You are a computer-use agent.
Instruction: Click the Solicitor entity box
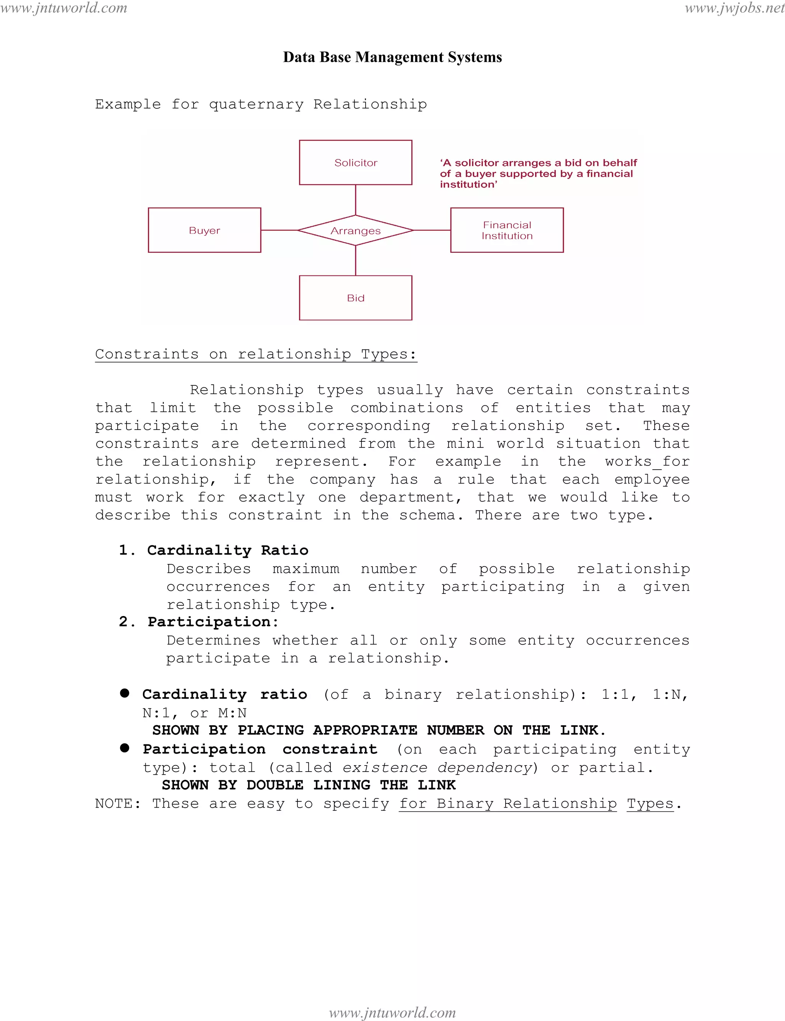coord(356,162)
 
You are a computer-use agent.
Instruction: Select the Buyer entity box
coord(204,230)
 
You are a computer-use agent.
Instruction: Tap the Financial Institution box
coord(507,230)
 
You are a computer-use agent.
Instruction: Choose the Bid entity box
coord(356,298)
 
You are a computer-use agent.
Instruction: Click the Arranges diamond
coord(356,230)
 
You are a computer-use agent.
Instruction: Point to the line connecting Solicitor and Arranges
coord(356,200)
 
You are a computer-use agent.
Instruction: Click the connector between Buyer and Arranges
coord(279,230)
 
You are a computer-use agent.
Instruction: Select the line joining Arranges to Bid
coord(356,260)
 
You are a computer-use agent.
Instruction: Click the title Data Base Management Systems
coord(392,57)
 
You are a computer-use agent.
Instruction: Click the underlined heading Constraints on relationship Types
coord(256,354)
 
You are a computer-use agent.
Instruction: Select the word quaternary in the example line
coord(256,104)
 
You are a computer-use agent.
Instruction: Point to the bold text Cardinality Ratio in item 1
coord(228,550)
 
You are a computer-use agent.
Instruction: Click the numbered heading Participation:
coord(213,622)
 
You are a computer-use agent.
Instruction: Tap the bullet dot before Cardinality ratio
coord(124,693)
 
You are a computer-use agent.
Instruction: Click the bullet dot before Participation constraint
coord(124,748)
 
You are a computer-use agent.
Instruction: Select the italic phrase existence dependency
coord(438,767)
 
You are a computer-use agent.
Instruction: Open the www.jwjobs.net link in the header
coord(734,8)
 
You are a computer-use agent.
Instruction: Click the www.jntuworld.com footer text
coord(392,1013)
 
